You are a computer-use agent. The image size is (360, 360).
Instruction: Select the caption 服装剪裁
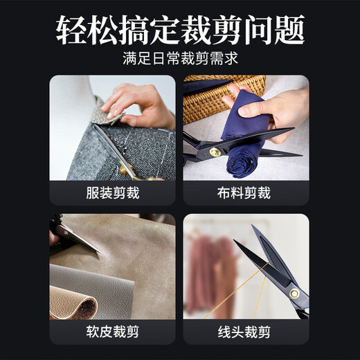112,193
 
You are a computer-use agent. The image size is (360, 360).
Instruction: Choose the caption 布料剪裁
246,193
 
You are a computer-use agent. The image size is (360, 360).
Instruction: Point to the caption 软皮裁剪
112,332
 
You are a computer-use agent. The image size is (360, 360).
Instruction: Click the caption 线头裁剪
246,332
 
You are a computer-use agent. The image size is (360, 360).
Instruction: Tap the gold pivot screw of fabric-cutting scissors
215,152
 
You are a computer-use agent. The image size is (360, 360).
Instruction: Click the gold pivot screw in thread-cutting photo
294,294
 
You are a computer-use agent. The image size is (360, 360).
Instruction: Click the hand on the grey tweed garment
138,104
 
